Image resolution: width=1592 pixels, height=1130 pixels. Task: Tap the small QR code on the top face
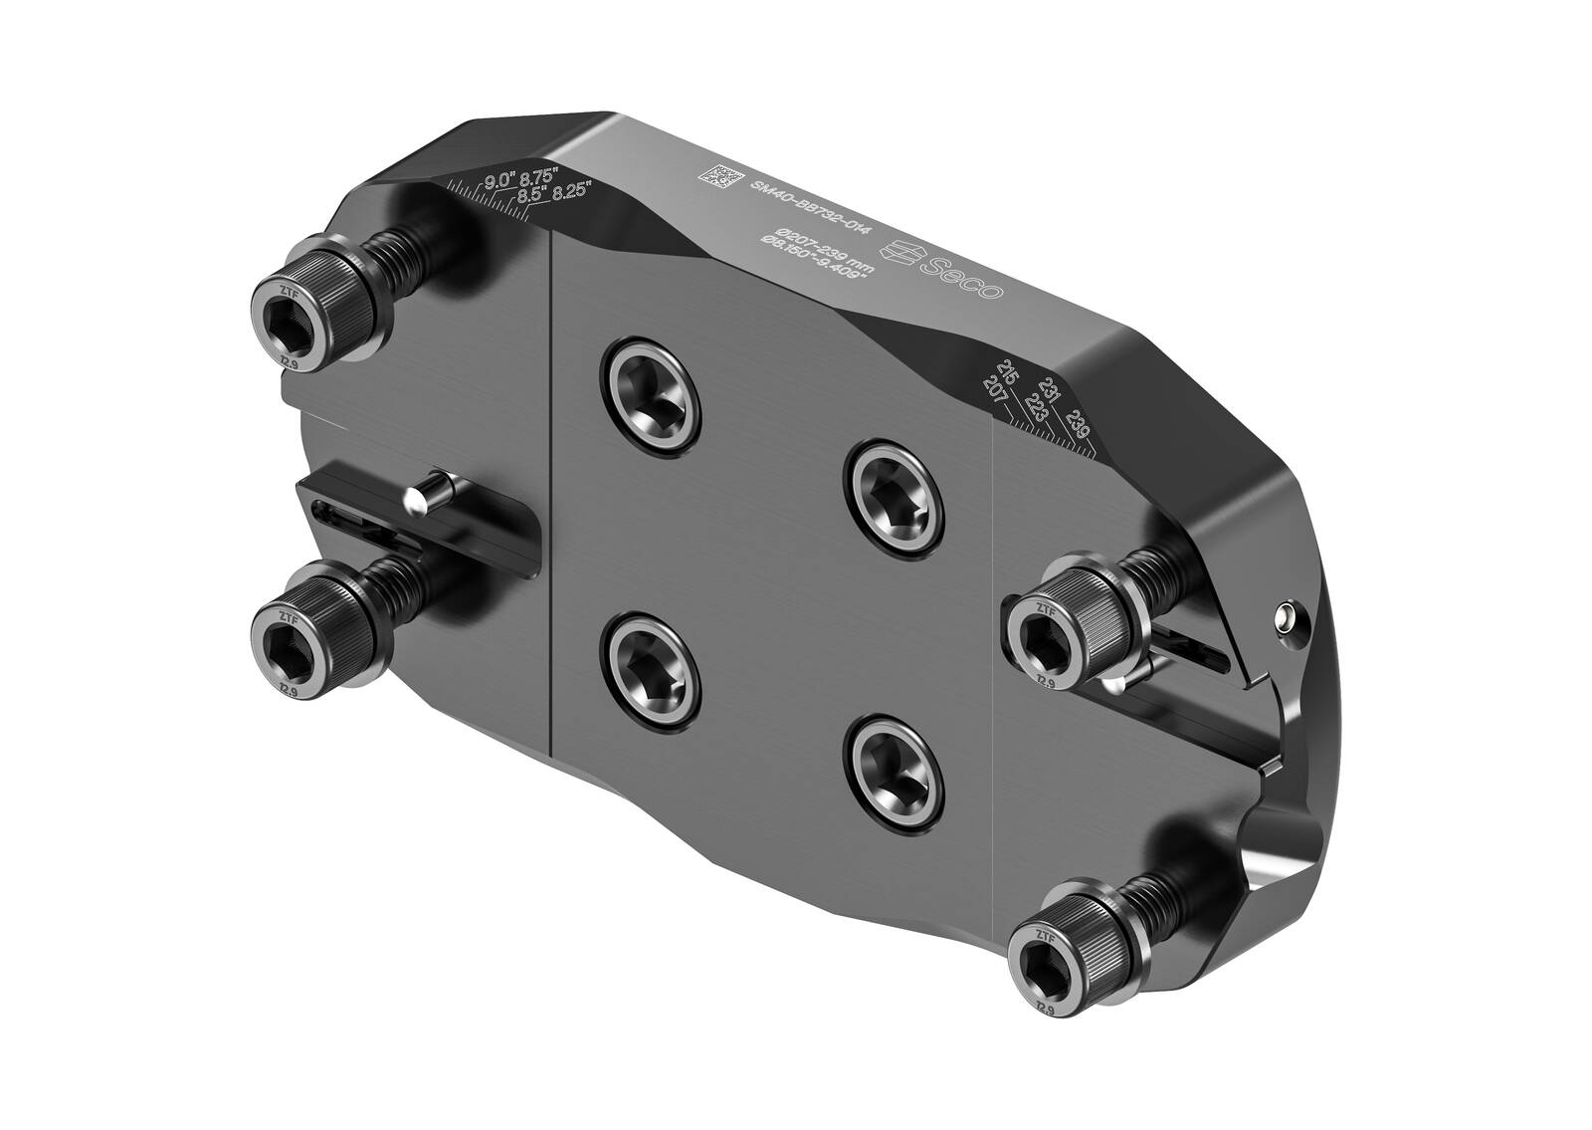[721, 176]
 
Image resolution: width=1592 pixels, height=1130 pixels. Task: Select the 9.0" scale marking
[497, 181]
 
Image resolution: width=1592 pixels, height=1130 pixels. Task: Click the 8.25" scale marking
[572, 188]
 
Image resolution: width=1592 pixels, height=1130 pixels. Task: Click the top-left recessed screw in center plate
[651, 390]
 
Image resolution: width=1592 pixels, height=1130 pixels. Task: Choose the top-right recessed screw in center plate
[893, 494]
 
